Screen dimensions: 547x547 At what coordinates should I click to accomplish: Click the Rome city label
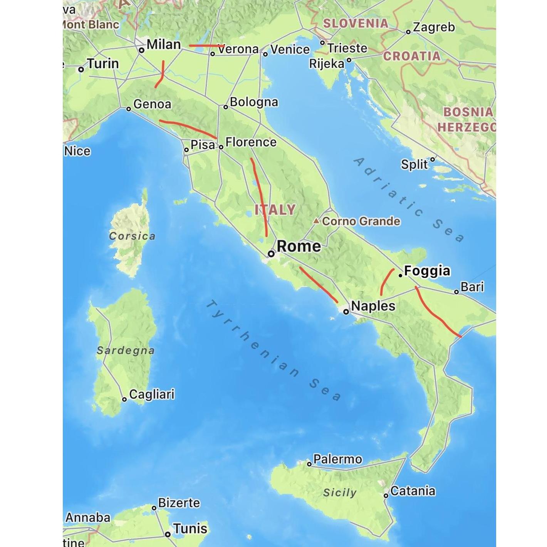click(299, 247)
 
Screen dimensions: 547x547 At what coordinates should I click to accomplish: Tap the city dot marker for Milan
click(142, 50)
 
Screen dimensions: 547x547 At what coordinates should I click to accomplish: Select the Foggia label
click(427, 271)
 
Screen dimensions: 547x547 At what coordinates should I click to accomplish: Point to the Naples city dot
click(346, 312)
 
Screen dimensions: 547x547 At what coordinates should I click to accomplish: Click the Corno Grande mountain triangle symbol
click(316, 221)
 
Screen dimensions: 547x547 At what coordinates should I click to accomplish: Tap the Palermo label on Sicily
click(337, 459)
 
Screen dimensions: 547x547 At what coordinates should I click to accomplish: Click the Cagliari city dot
click(124, 399)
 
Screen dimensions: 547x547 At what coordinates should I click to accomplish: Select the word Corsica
click(132, 236)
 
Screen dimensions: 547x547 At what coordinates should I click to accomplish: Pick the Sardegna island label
click(126, 351)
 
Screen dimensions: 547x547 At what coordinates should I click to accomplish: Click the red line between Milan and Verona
click(207, 45)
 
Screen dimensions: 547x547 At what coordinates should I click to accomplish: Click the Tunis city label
click(190, 529)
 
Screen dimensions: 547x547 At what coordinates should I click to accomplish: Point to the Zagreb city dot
click(408, 32)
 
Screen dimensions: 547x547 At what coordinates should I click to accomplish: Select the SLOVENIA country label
click(356, 23)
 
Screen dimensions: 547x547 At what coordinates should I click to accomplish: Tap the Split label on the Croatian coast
click(414, 164)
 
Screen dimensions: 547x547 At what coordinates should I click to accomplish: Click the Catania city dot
click(386, 495)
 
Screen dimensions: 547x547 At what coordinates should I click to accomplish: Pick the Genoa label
click(152, 104)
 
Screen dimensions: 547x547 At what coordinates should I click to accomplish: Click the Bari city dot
click(456, 292)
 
